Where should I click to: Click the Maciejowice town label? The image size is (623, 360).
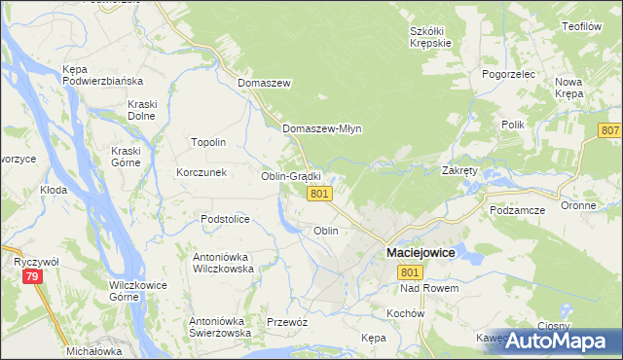click(x=421, y=252)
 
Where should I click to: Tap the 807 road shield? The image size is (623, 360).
click(x=610, y=131)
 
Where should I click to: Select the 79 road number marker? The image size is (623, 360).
click(x=33, y=278)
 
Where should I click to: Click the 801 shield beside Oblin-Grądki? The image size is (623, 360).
click(x=320, y=196)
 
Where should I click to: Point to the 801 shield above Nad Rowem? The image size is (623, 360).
click(x=409, y=272)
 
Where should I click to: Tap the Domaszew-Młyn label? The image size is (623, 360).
click(x=321, y=128)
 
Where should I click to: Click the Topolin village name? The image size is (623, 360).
click(x=208, y=142)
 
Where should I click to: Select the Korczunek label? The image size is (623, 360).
click(x=201, y=172)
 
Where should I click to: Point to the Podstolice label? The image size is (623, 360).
click(x=227, y=219)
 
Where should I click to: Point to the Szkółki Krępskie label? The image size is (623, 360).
click(x=429, y=37)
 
